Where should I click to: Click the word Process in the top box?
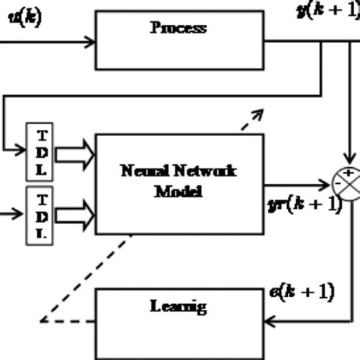[x=178, y=28]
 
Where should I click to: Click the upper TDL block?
[x=41, y=150]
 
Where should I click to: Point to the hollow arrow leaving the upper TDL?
[x=74, y=155]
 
